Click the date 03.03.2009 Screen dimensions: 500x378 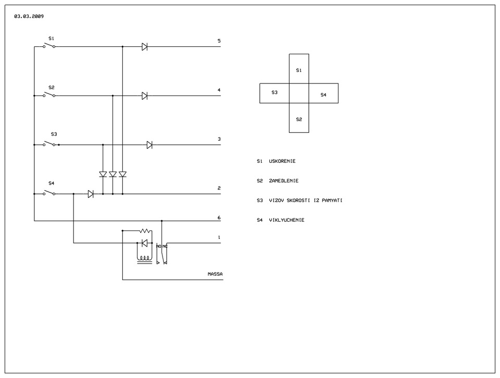coord(29,16)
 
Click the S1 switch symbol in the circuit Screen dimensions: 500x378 coord(49,46)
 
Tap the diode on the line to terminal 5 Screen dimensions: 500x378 coord(144,47)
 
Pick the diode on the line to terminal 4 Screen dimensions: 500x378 coord(144,96)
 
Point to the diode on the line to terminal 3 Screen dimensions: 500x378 coord(149,145)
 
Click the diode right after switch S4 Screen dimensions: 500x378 coord(91,194)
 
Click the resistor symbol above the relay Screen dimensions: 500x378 coord(145,230)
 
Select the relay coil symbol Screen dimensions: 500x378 coord(145,258)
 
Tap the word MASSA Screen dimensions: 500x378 coord(215,274)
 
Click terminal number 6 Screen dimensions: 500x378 coord(219,218)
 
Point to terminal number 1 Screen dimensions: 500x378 coord(219,238)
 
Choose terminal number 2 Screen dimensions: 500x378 coord(219,188)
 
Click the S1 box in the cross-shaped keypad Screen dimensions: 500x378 coord(299,69)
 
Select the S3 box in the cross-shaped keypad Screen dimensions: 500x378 coord(274,93)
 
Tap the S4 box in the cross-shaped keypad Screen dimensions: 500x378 coord(323,93)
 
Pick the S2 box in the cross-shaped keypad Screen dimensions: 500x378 coord(299,118)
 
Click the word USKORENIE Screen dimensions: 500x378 coord(282,161)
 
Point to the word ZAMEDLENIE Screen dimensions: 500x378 coord(284,181)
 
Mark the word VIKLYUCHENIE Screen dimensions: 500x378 coord(286,220)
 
